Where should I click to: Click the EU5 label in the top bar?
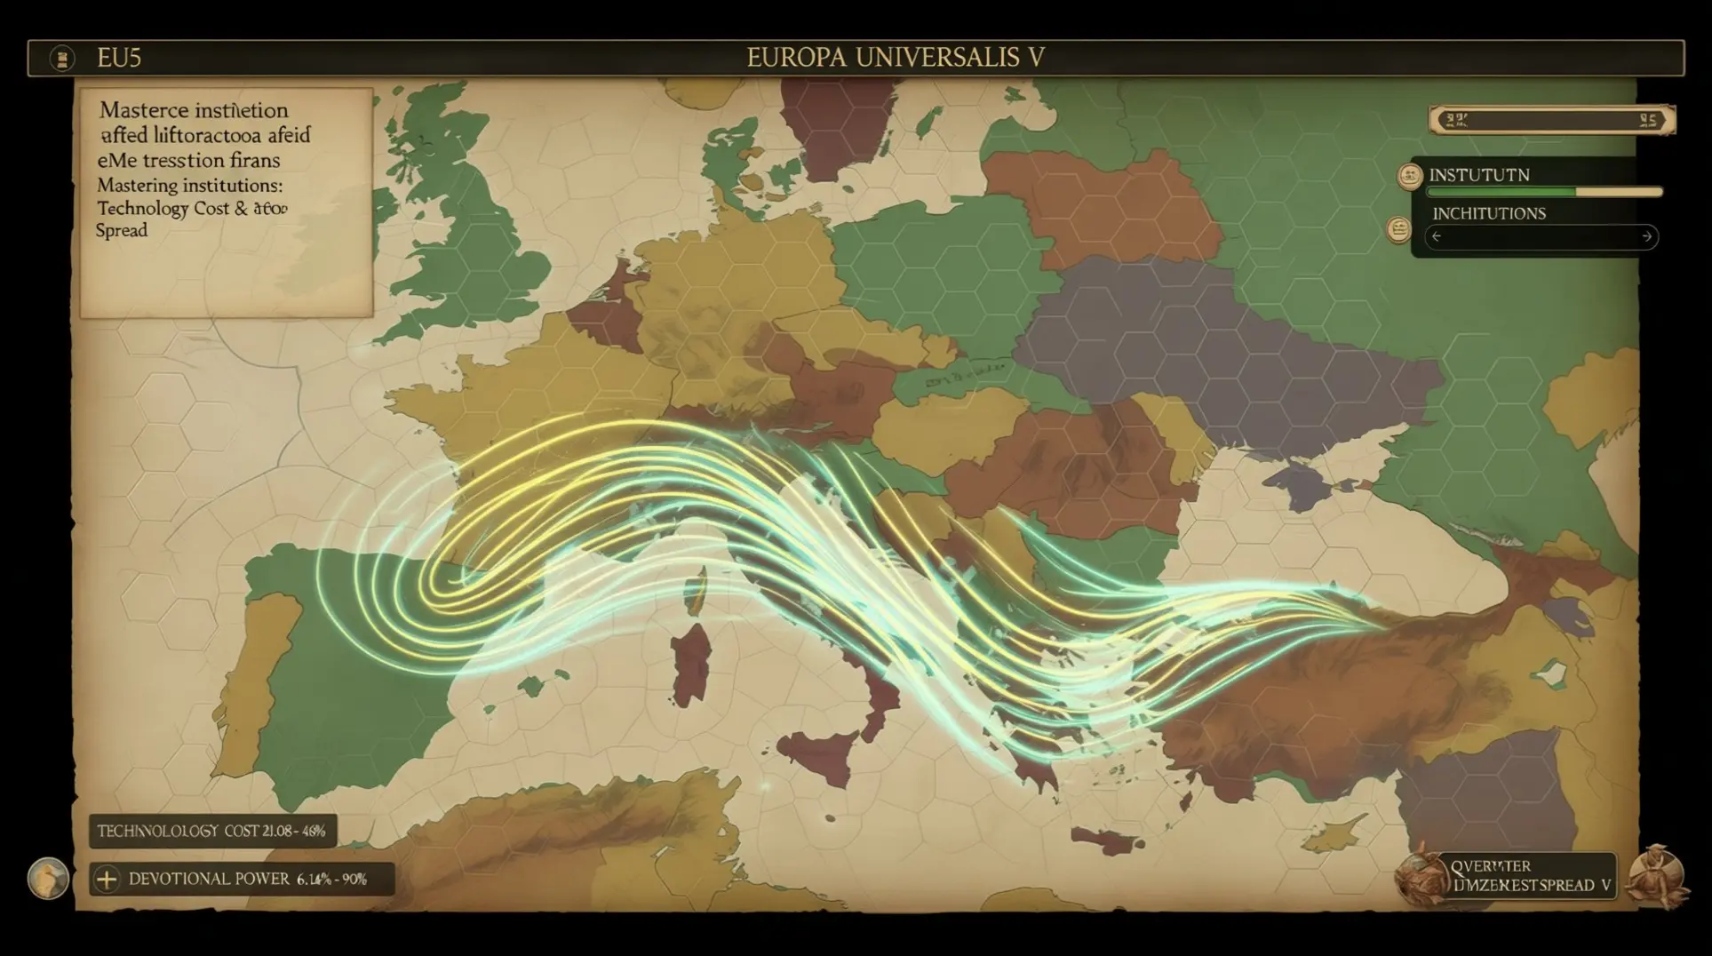click(119, 59)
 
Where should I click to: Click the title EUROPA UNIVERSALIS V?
click(895, 58)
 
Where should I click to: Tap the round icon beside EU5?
click(62, 59)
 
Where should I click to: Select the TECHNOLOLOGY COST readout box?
click(212, 832)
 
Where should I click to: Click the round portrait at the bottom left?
click(48, 879)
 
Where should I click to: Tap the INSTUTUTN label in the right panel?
click(1479, 175)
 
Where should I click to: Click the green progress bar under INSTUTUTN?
click(1544, 192)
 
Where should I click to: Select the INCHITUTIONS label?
click(1488, 213)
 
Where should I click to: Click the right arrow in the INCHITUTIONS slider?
click(1646, 236)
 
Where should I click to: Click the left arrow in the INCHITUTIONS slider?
click(1437, 236)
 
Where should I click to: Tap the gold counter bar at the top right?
click(1551, 120)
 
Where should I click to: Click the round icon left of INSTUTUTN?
click(1410, 176)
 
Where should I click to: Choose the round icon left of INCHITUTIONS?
click(1399, 230)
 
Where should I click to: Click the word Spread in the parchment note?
click(122, 230)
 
